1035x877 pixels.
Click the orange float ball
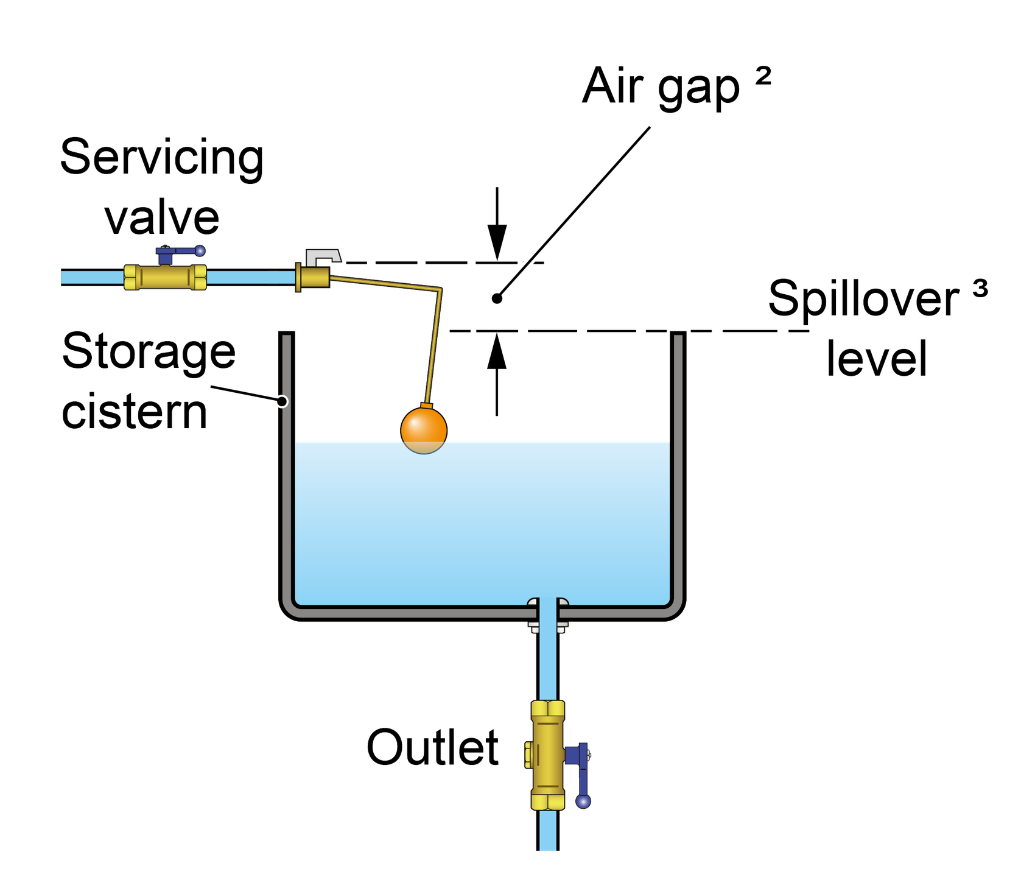[424, 429]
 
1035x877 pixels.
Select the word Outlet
[433, 747]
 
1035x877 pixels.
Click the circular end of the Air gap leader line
[497, 298]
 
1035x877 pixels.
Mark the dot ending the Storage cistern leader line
[282, 401]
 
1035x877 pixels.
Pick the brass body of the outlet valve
[547, 755]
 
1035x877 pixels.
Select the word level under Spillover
[877, 359]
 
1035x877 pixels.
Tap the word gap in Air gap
[700, 90]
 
